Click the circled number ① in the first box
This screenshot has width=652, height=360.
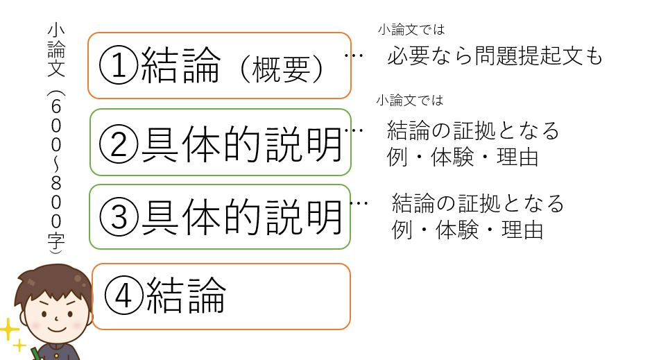[119, 65]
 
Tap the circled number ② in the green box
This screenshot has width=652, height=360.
[119, 144]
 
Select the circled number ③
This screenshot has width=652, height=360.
[119, 217]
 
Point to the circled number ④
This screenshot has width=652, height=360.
[124, 295]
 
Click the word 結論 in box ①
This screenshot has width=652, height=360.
[181, 65]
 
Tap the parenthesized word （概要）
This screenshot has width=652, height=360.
[282, 69]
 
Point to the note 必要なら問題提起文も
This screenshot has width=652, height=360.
[495, 55]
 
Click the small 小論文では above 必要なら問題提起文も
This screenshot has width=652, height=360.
[411, 30]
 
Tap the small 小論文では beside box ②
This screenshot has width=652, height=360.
[409, 100]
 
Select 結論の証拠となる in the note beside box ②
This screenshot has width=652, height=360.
[473, 130]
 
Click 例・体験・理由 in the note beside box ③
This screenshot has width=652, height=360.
[467, 230]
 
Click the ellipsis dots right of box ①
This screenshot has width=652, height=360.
[354, 55]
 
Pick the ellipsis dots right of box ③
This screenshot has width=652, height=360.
[359, 203]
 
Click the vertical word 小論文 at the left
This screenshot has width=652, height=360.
[56, 50]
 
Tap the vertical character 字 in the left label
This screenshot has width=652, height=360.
[56, 241]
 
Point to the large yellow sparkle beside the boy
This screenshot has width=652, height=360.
[9, 330]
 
